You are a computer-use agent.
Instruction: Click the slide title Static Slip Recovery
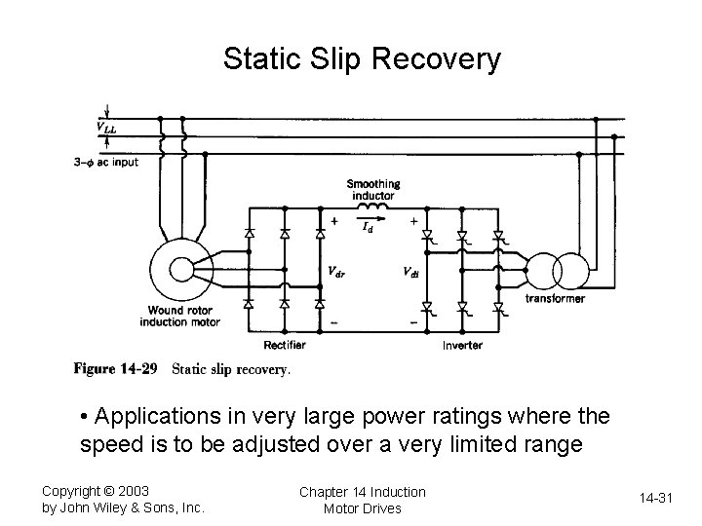click(x=362, y=59)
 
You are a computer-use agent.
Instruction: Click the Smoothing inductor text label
click(x=373, y=190)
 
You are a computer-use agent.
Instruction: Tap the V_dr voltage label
click(x=335, y=273)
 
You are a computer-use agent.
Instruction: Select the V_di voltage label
click(x=412, y=273)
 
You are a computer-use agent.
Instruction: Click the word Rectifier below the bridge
click(x=285, y=345)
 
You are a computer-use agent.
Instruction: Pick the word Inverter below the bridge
click(x=462, y=345)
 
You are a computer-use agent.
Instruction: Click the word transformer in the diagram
click(x=555, y=299)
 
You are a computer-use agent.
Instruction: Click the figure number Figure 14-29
click(x=117, y=368)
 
